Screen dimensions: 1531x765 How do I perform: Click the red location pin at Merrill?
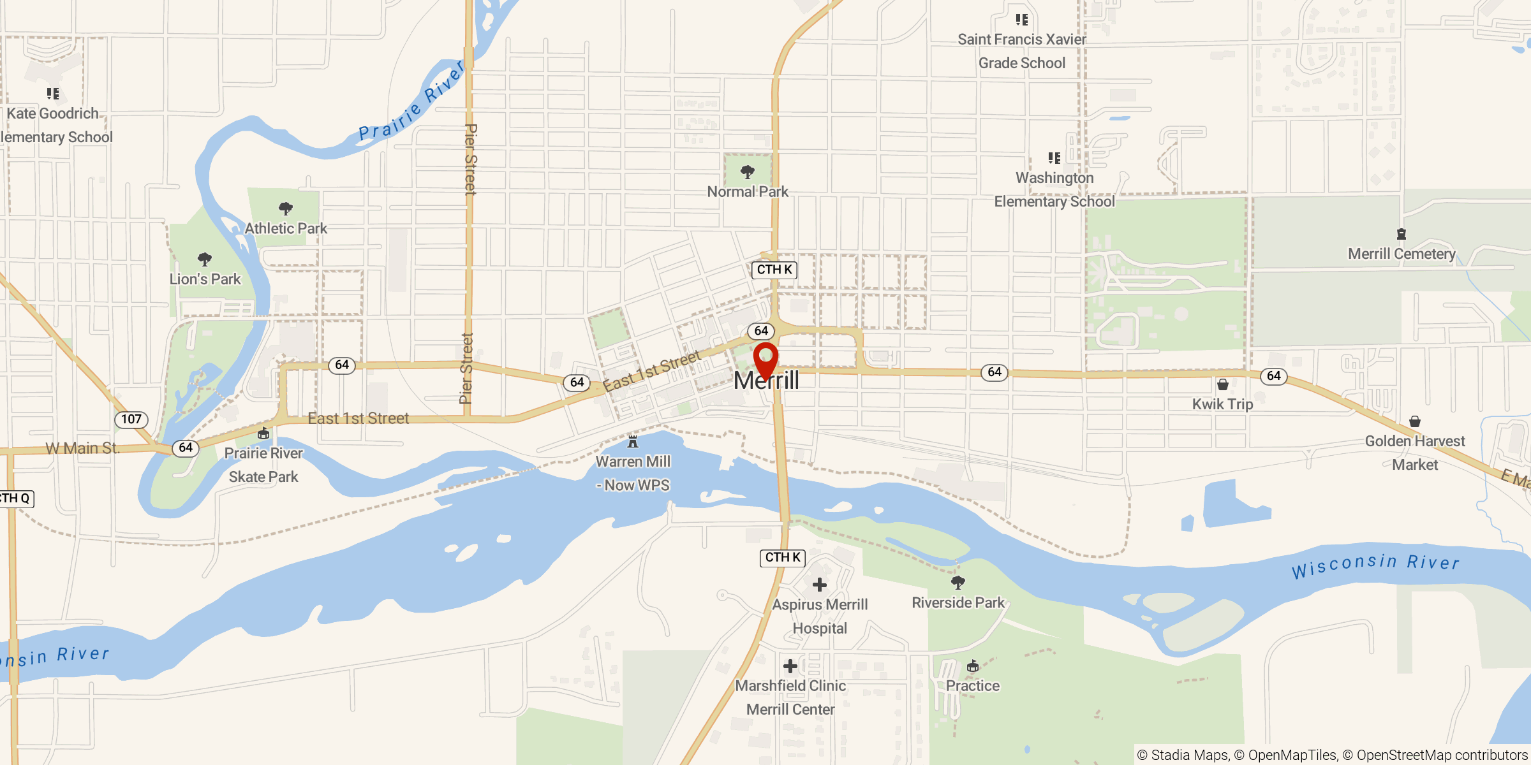[x=765, y=358]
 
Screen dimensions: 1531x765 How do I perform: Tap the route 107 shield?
[x=131, y=419]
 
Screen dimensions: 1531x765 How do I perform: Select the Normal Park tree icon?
[x=748, y=171]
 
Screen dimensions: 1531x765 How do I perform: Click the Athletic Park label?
[x=286, y=228]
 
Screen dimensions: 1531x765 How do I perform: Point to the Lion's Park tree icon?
[x=205, y=259]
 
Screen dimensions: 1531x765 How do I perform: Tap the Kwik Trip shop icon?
[x=1223, y=384]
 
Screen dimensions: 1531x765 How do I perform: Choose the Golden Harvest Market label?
[x=1415, y=453]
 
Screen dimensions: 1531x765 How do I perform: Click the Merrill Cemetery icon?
[x=1402, y=234]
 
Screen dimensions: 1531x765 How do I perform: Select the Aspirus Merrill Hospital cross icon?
[x=820, y=585]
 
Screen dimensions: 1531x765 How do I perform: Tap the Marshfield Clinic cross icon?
[x=790, y=666]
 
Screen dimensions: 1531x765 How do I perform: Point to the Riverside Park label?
[x=958, y=602]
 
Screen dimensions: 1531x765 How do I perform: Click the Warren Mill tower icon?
[x=633, y=441]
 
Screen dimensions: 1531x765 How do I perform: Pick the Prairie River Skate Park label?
[x=263, y=465]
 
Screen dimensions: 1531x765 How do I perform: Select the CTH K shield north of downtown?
[x=774, y=270]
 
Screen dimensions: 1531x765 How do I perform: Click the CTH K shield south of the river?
[x=783, y=558]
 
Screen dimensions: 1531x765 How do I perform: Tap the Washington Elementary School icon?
[x=1054, y=157]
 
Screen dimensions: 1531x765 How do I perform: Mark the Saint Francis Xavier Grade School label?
[x=1022, y=51]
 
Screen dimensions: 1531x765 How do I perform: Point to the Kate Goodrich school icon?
[x=53, y=94]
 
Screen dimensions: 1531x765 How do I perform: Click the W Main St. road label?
[x=83, y=448]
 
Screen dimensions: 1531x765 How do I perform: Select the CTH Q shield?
[x=15, y=499]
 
